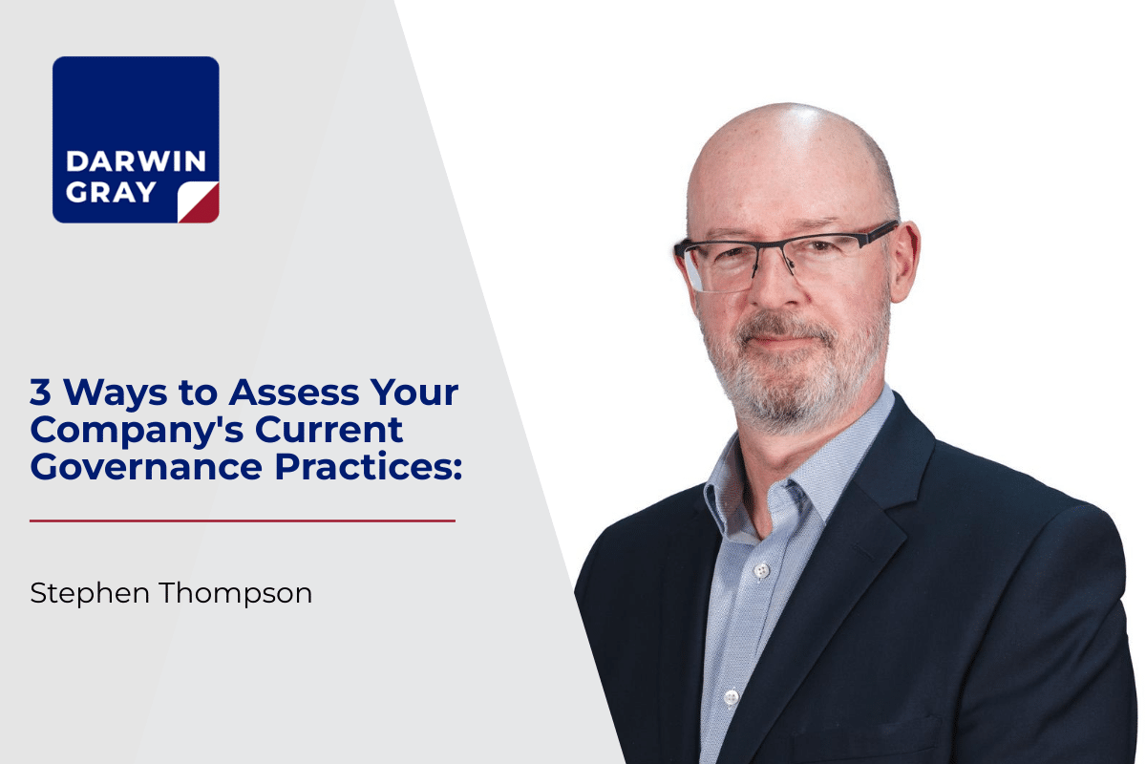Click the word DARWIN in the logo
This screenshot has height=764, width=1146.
click(x=136, y=161)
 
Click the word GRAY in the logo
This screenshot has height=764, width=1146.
click(x=111, y=192)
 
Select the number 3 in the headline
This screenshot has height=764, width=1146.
click(x=40, y=392)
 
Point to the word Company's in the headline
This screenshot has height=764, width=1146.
click(x=138, y=431)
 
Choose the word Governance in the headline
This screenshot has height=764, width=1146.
click(x=146, y=467)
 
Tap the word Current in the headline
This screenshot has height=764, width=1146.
click(x=329, y=430)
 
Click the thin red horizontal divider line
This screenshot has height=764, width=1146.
click(x=243, y=520)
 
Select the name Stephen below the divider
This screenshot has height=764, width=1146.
click(x=90, y=594)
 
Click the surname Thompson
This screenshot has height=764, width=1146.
click(x=236, y=594)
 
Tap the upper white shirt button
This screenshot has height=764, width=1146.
click(x=762, y=569)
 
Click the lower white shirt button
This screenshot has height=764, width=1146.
click(x=732, y=696)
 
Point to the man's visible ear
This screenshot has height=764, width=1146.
click(x=904, y=261)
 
